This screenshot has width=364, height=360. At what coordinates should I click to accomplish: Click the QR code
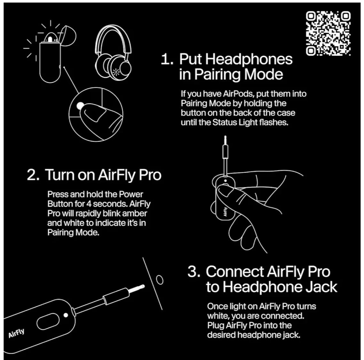tap(328, 34)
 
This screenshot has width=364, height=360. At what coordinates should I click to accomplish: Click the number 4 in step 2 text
tap(89, 204)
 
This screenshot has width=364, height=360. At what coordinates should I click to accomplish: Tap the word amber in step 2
tap(134, 213)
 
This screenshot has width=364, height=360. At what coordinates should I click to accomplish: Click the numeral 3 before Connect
tap(194, 271)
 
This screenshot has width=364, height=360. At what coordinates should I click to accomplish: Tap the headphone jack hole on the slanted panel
tap(160, 280)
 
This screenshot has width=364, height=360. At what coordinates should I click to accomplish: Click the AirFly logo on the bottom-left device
tap(16, 333)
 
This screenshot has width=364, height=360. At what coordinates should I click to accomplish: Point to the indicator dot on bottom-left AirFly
tap(66, 315)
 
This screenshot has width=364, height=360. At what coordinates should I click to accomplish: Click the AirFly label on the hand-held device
tap(225, 212)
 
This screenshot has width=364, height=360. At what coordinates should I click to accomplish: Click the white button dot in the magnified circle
tap(80, 106)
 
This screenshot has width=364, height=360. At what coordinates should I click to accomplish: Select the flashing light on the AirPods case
tap(50, 38)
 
